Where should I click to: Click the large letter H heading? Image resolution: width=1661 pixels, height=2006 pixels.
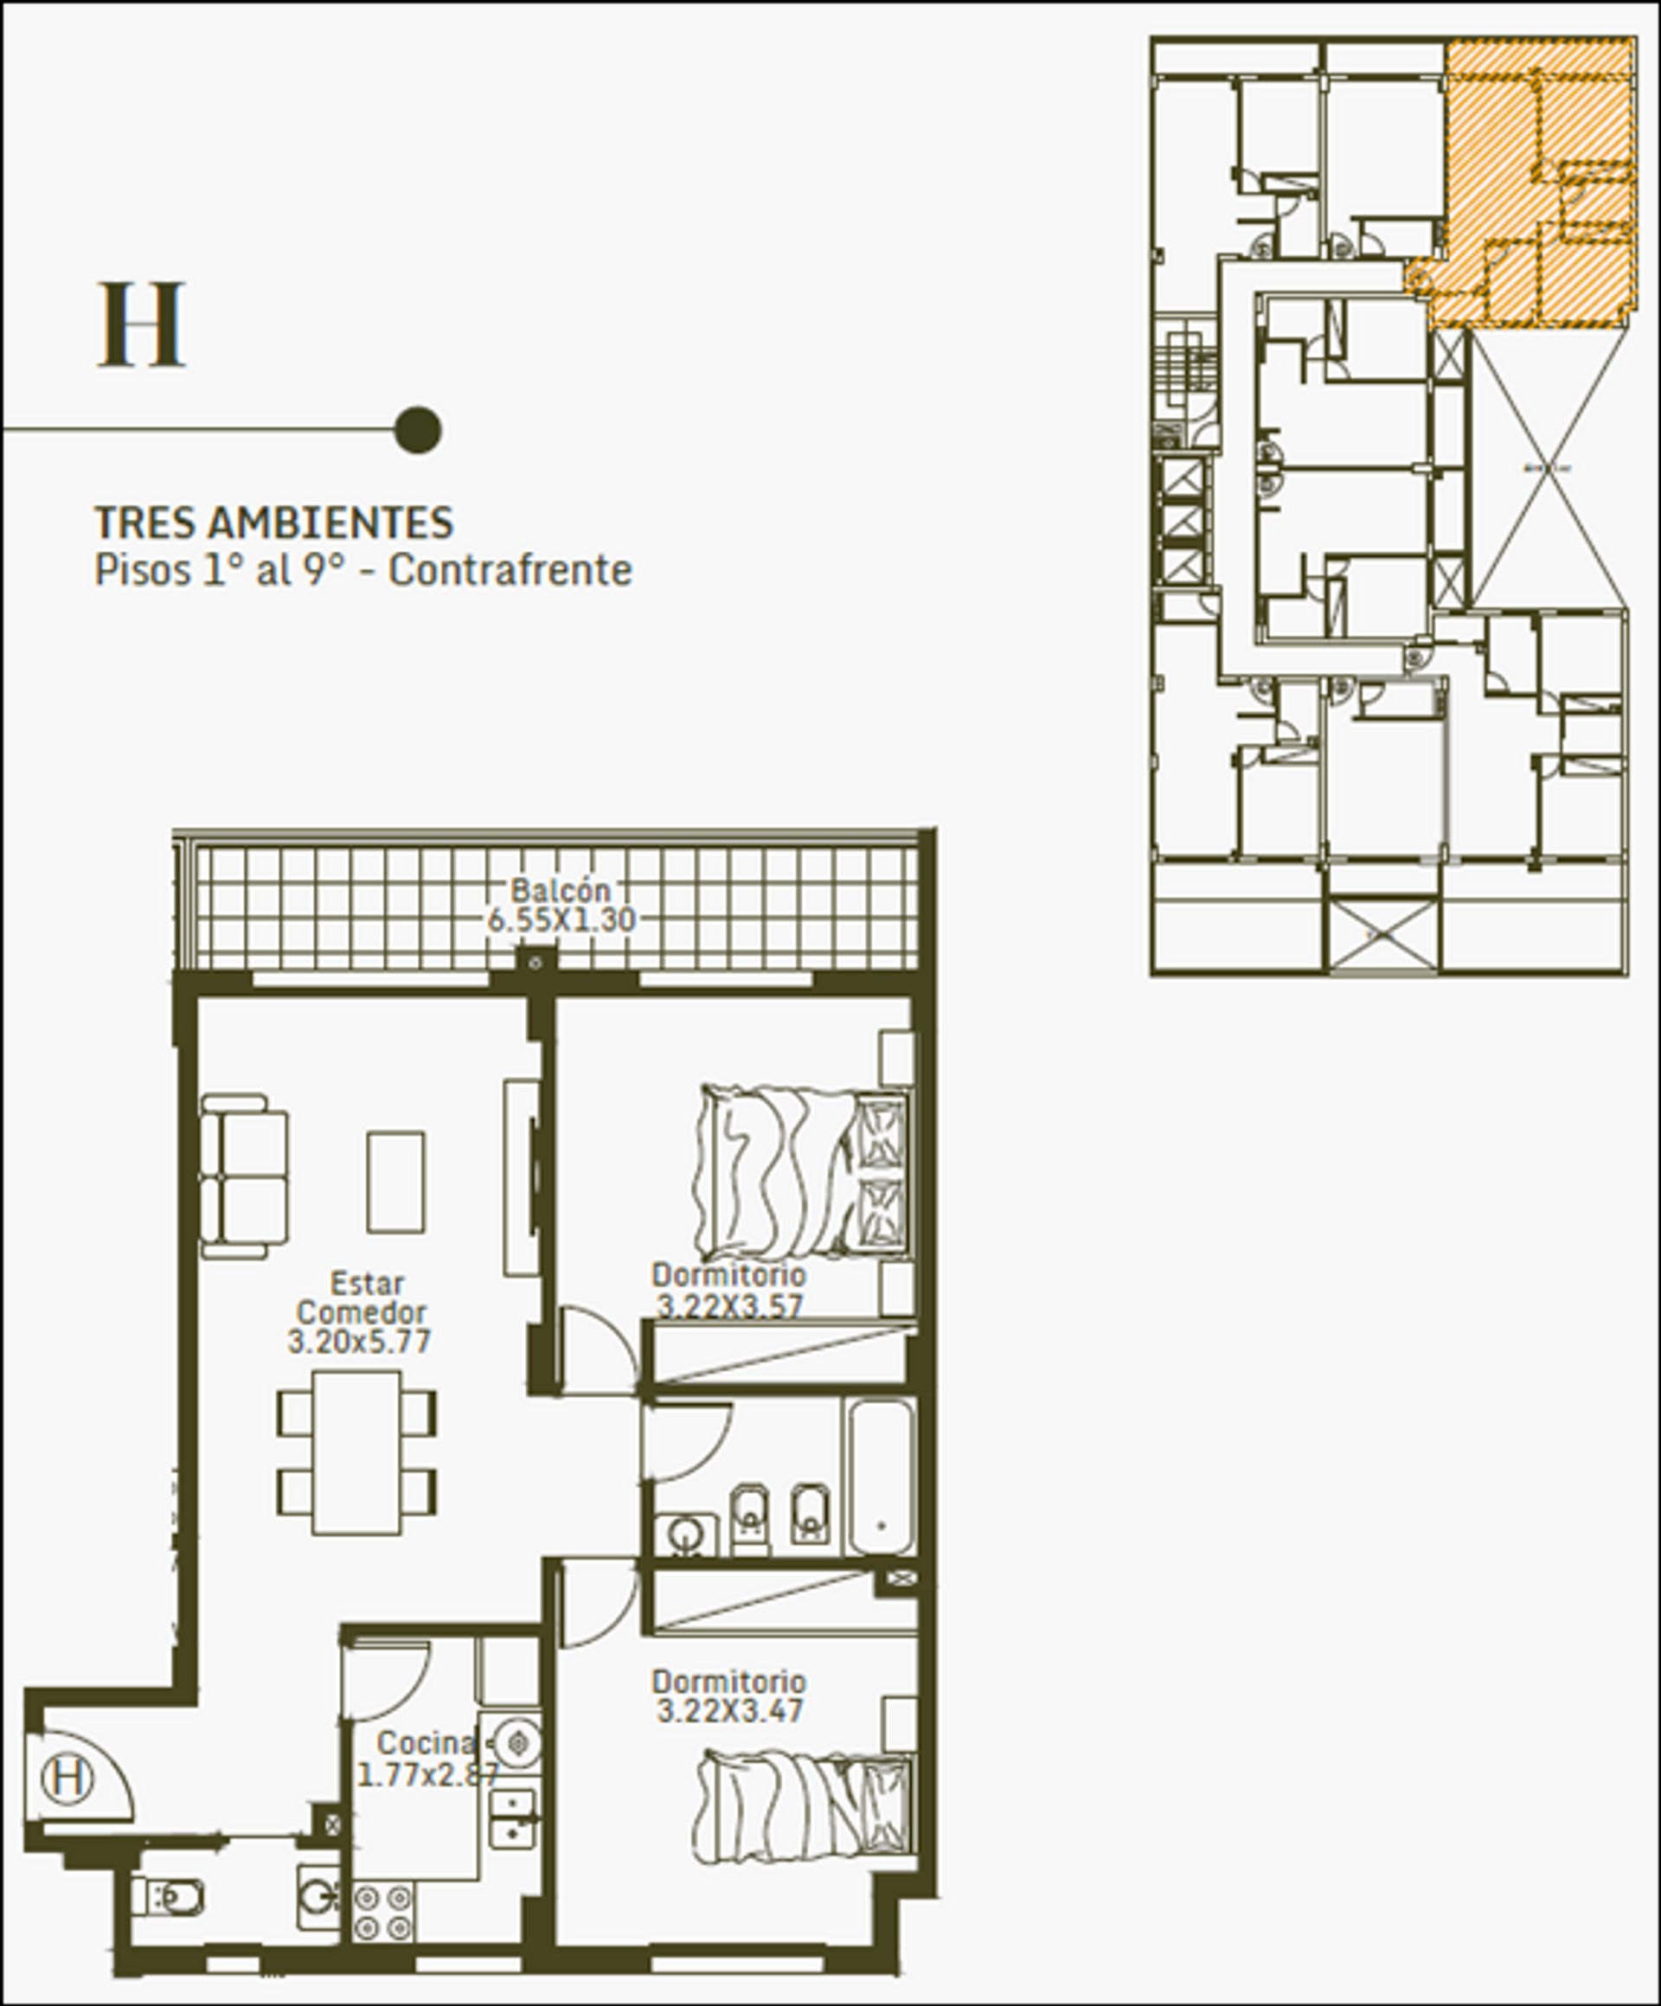(x=141, y=324)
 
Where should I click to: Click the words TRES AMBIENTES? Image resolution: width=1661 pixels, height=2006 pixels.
(x=274, y=522)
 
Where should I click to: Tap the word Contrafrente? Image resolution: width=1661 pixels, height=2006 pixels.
(x=510, y=570)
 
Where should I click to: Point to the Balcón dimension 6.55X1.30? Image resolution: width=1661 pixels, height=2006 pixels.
(x=561, y=920)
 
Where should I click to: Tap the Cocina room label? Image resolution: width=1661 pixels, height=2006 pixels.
(x=425, y=1743)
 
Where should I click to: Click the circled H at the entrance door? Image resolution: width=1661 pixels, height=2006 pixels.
(x=67, y=1778)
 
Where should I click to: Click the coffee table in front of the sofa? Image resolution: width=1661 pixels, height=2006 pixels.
(x=395, y=1182)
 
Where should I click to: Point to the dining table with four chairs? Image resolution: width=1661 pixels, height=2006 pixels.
(x=357, y=1452)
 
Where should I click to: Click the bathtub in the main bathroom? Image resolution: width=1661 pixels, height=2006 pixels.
(x=882, y=1477)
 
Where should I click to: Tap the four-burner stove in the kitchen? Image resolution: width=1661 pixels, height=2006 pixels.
(x=384, y=1912)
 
